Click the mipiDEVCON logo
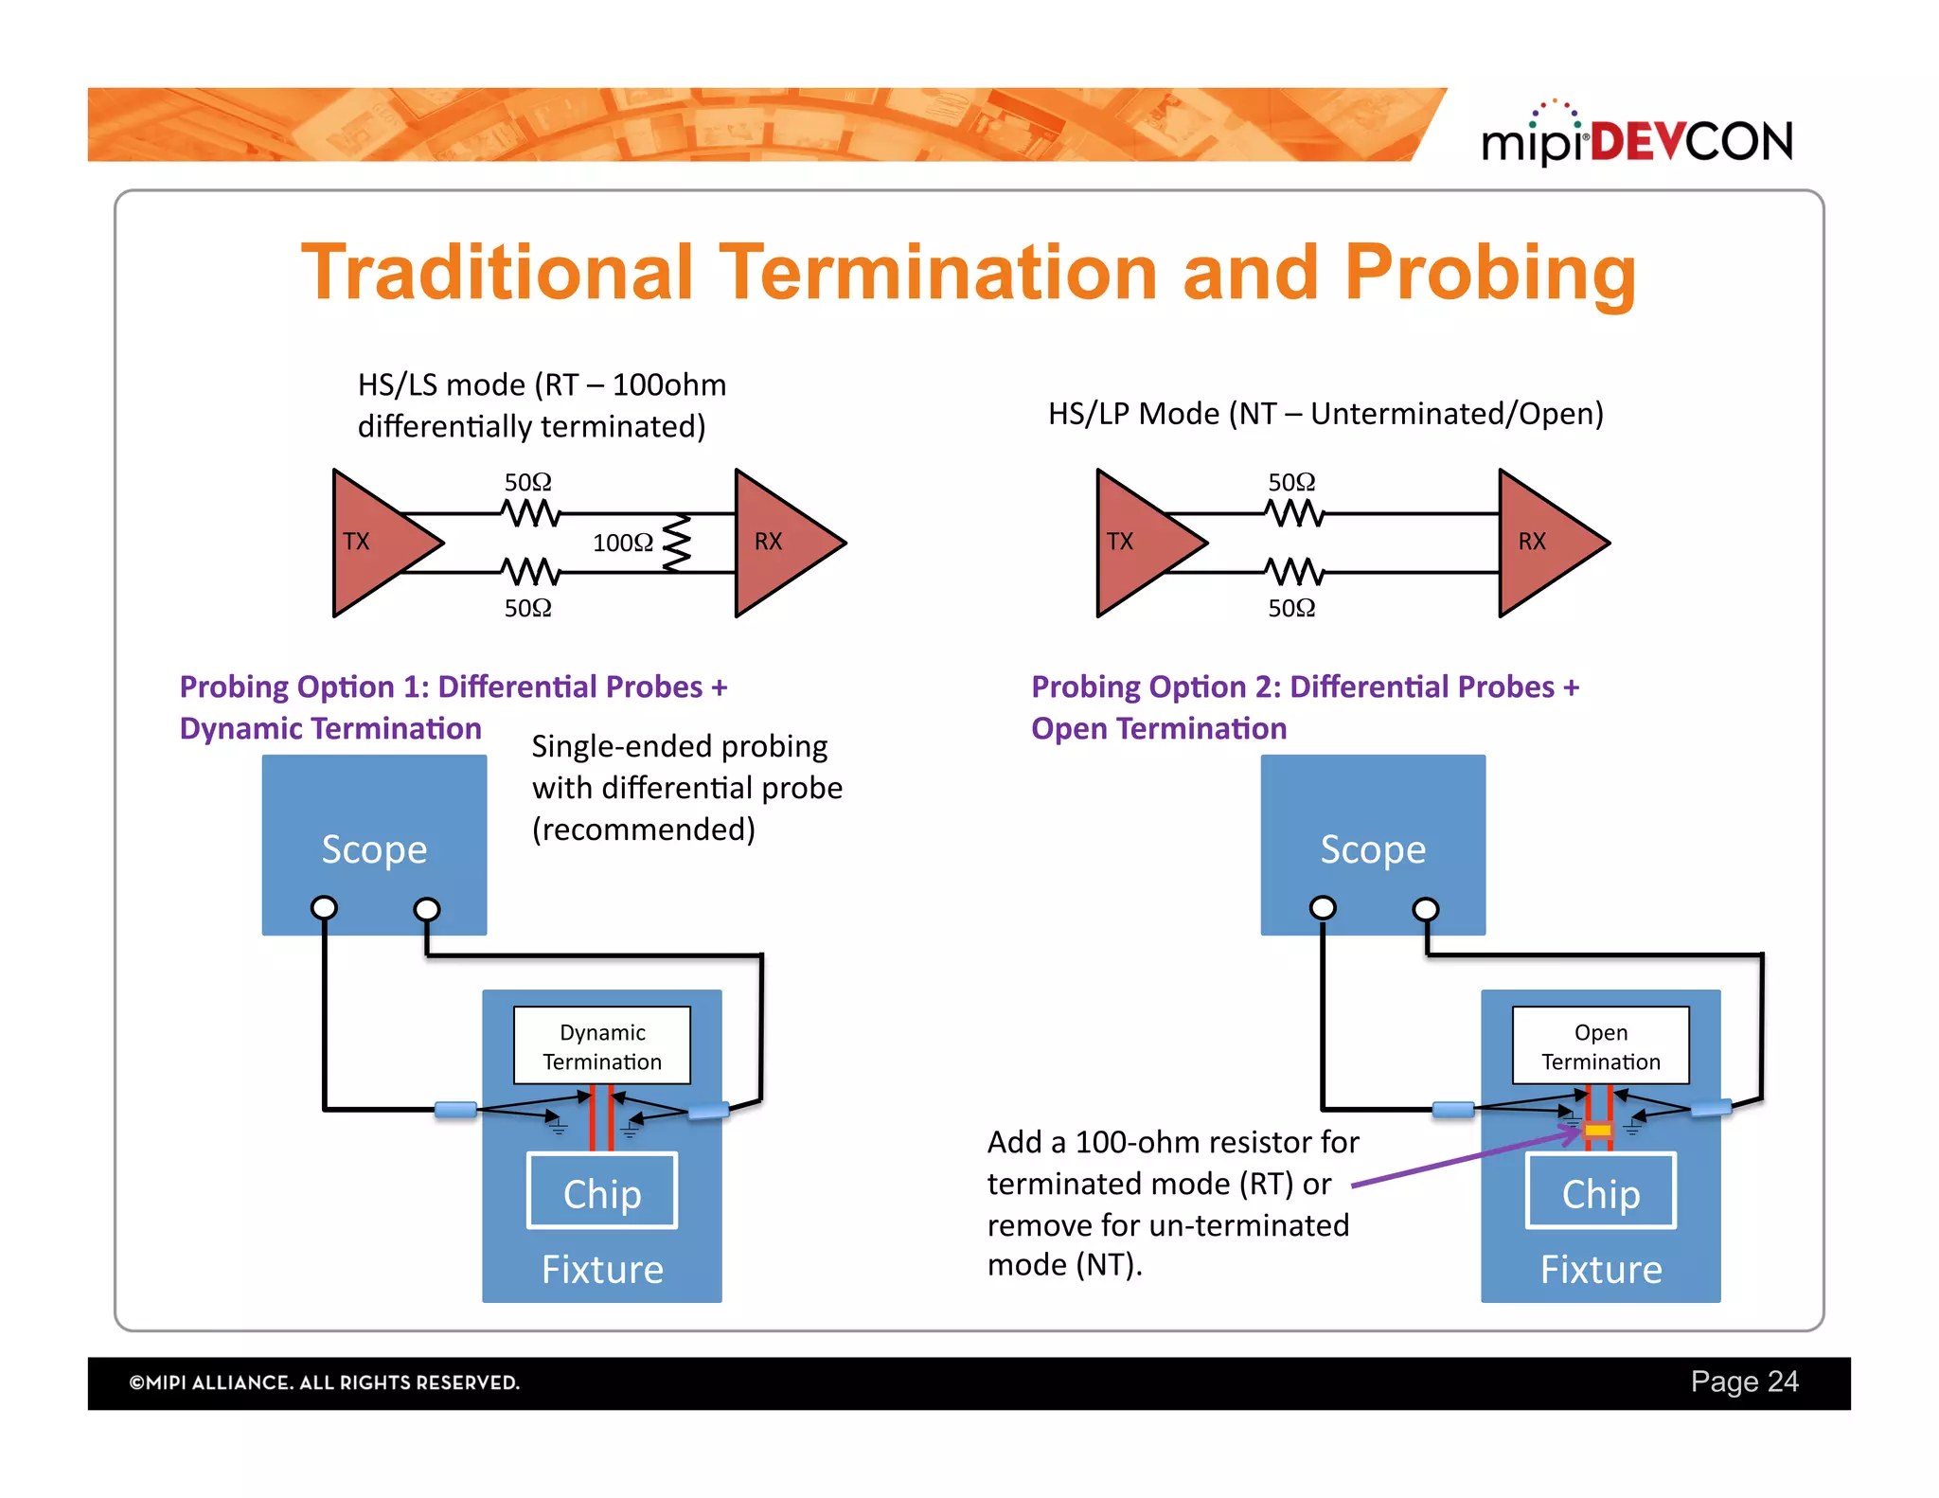click(1636, 140)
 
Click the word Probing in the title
click(1490, 273)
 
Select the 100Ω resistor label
click(622, 543)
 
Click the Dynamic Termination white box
click(602, 1045)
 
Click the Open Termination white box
click(1600, 1045)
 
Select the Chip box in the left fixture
click(602, 1192)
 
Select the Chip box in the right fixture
click(1600, 1192)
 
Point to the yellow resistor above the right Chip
click(1598, 1130)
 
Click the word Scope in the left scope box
click(374, 849)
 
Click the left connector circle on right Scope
click(1323, 908)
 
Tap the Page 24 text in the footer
click(1744, 1382)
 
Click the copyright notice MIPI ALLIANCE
click(325, 1382)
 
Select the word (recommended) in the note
click(644, 829)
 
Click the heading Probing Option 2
click(1305, 687)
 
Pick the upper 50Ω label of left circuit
click(527, 482)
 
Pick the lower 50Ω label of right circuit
click(1291, 608)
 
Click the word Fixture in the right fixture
click(1600, 1269)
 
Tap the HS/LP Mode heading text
click(1325, 414)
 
